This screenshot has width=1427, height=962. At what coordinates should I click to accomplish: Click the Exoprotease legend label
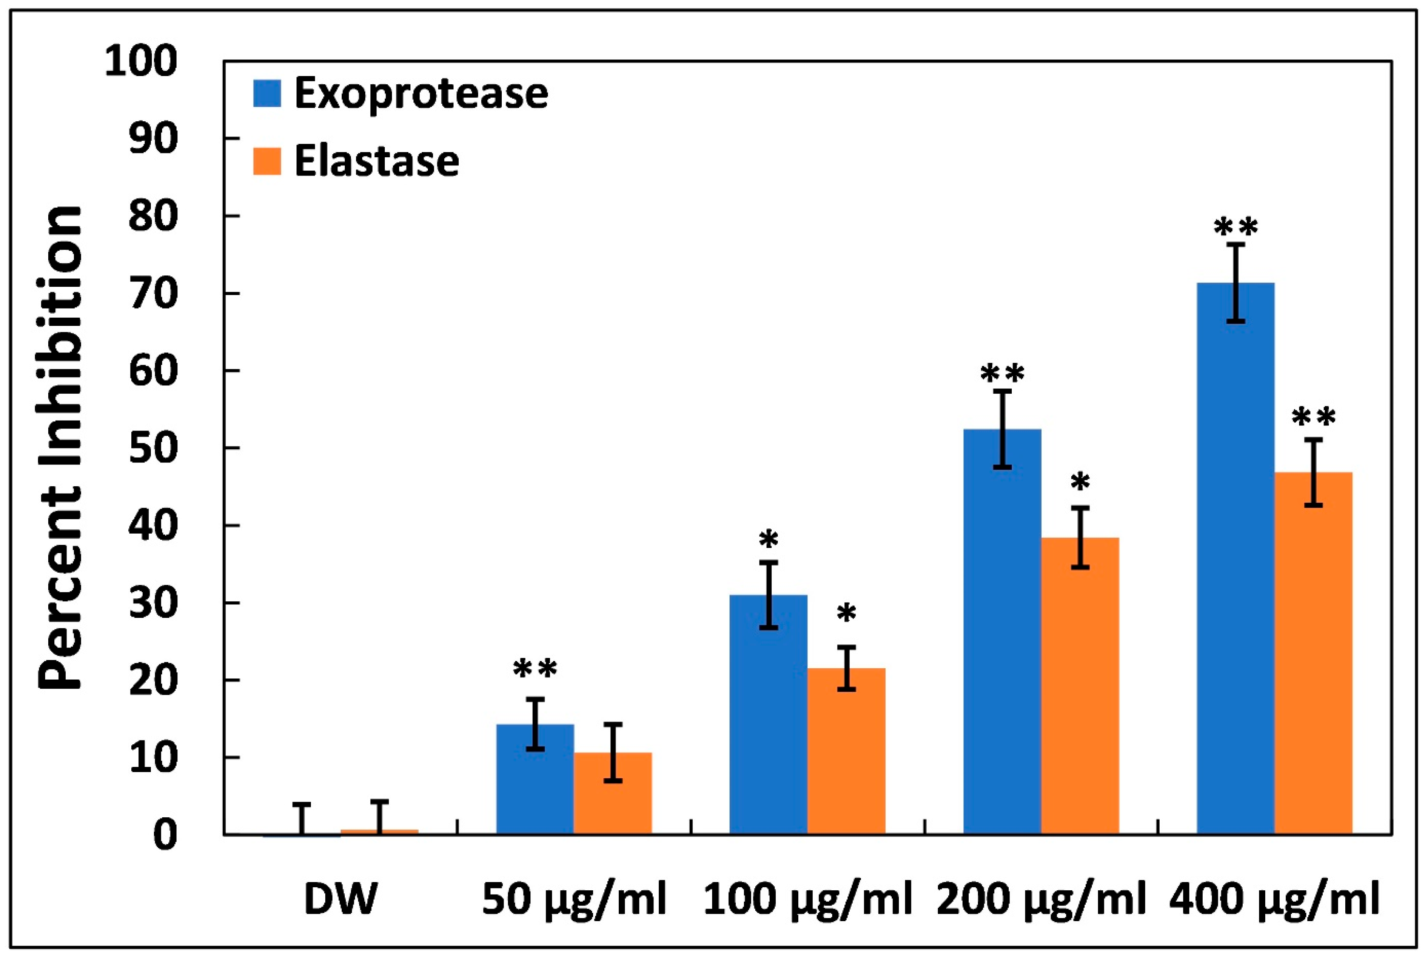pyautogui.click(x=421, y=94)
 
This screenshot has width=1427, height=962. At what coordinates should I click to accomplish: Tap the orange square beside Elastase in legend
pyautogui.click(x=267, y=161)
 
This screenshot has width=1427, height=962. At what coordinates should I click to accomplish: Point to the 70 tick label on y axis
pyautogui.click(x=153, y=295)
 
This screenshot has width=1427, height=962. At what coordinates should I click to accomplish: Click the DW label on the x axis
pyautogui.click(x=340, y=899)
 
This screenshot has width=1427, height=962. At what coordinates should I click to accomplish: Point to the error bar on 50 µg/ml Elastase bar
pyautogui.click(x=613, y=752)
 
